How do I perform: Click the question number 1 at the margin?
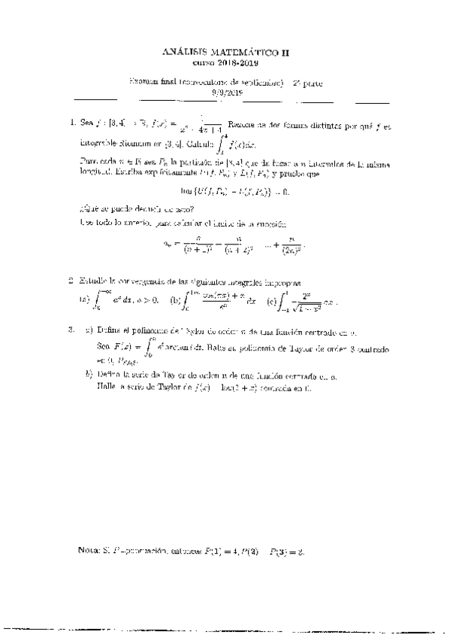pyautogui.click(x=71, y=122)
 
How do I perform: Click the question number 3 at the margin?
pyautogui.click(x=71, y=330)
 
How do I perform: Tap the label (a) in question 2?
pyautogui.click(x=83, y=299)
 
